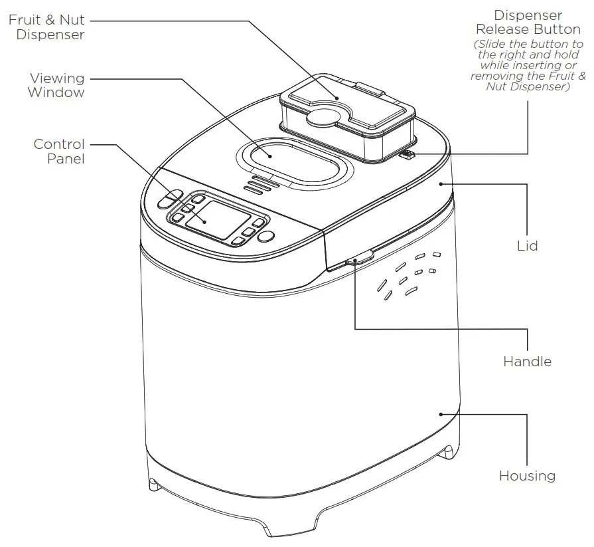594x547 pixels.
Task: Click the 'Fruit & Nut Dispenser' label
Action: point(46,27)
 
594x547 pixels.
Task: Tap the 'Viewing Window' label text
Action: point(56,86)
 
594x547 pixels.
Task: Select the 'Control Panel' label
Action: point(59,152)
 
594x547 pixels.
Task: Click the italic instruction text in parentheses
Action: point(525,65)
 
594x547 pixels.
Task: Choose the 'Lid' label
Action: point(527,246)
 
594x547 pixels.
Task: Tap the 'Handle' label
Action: point(527,362)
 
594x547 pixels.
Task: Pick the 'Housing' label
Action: point(527,476)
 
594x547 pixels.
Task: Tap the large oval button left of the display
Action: point(170,199)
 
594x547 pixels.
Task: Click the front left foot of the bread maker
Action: point(155,485)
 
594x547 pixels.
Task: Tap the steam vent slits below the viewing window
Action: point(260,185)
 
